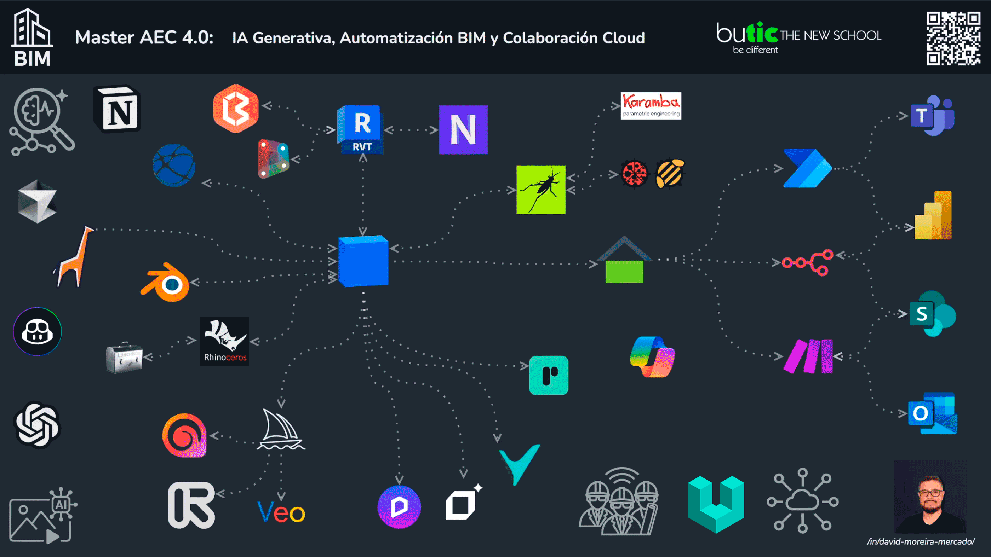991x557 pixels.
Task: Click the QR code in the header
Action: pos(953,39)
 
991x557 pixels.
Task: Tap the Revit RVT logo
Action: pos(360,129)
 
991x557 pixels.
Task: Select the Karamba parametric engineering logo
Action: pos(651,106)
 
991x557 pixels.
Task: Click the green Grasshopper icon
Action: pos(541,190)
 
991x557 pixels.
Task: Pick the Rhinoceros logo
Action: pos(225,342)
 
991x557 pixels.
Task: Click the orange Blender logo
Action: pos(165,282)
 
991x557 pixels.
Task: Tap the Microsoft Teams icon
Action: pos(933,115)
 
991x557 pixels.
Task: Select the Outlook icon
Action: pos(933,413)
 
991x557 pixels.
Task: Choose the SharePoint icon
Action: pos(933,314)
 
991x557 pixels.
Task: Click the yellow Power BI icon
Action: pos(933,215)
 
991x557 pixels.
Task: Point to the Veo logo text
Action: pos(281,512)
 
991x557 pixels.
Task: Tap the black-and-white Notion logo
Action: pos(117,109)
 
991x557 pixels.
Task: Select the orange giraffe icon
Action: pos(74,257)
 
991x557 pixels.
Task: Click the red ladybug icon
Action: pos(634,174)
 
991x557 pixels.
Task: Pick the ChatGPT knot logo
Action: pos(37,425)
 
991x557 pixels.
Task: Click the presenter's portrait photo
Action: pos(930,497)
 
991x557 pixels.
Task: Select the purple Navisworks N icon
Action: pos(463,130)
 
